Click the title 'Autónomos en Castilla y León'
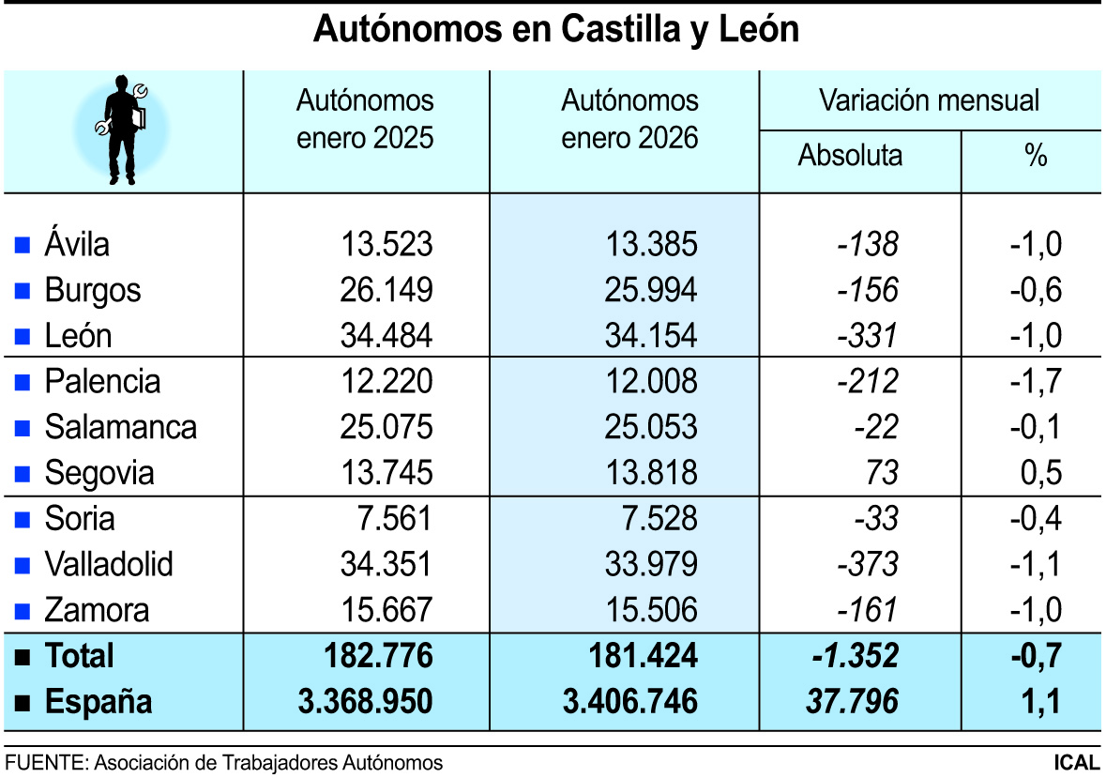(554, 29)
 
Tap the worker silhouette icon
(123, 130)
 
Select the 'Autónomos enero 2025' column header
(366, 119)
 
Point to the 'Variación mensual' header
(929, 99)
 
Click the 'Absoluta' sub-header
(850, 155)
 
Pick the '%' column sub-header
(1035, 156)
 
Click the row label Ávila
(76, 245)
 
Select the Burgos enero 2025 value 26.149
(387, 290)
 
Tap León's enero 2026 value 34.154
(652, 335)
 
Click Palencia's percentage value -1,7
(1036, 382)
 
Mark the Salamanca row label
(120, 428)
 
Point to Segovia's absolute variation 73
(882, 473)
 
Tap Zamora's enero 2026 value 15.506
(652, 611)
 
